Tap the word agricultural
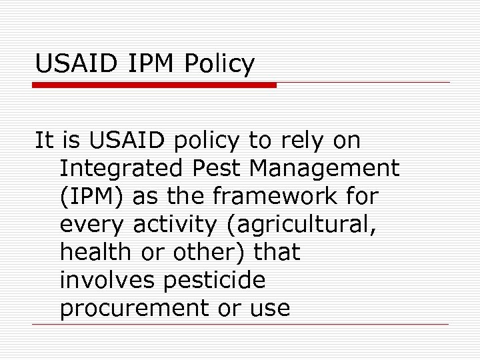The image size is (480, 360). (x=301, y=225)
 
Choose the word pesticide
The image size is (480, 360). (x=213, y=281)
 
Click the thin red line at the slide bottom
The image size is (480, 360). (x=240, y=325)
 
